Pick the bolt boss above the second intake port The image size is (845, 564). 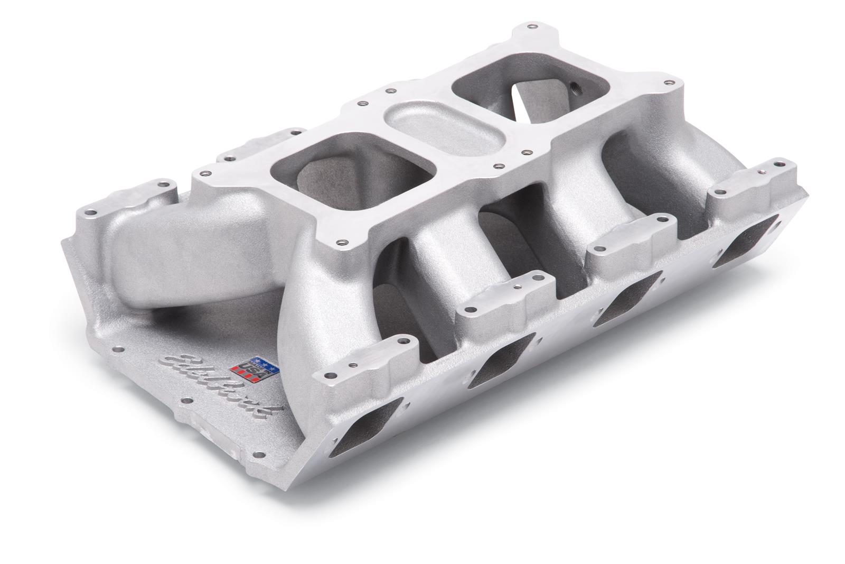(500, 296)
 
